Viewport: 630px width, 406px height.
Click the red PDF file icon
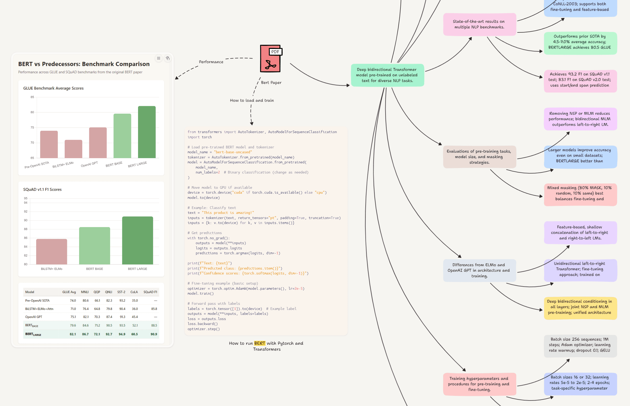pyautogui.click(x=270, y=59)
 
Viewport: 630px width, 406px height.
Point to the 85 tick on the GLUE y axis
pyautogui.click(x=32, y=97)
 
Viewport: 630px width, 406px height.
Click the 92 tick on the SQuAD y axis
pyautogui.click(x=26, y=212)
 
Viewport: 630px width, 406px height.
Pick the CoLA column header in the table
pyautogui.click(x=134, y=292)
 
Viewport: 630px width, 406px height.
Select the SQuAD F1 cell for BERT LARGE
pyautogui.click(x=154, y=334)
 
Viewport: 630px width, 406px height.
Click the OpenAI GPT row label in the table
pyautogui.click(x=34, y=317)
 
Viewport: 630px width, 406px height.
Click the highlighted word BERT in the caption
pyautogui.click(x=260, y=343)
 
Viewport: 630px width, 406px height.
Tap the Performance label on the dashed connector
pyautogui.click(x=211, y=62)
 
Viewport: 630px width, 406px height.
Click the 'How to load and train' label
pyautogui.click(x=252, y=100)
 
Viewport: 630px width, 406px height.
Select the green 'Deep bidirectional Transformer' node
pyautogui.click(x=387, y=75)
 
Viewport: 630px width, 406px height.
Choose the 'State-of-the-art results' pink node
pyautogui.click(x=479, y=24)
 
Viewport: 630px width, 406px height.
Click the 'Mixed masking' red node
pyautogui.click(x=580, y=193)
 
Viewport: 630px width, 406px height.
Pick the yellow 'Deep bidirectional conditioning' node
pyautogui.click(x=580, y=307)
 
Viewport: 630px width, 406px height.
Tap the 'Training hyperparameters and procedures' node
pyautogui.click(x=479, y=384)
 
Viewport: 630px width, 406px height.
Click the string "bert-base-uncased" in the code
pyautogui.click(x=233, y=152)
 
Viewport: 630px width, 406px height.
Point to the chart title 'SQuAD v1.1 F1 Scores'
pyautogui.click(x=42, y=190)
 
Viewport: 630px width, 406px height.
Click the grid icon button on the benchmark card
pyautogui.click(x=158, y=58)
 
